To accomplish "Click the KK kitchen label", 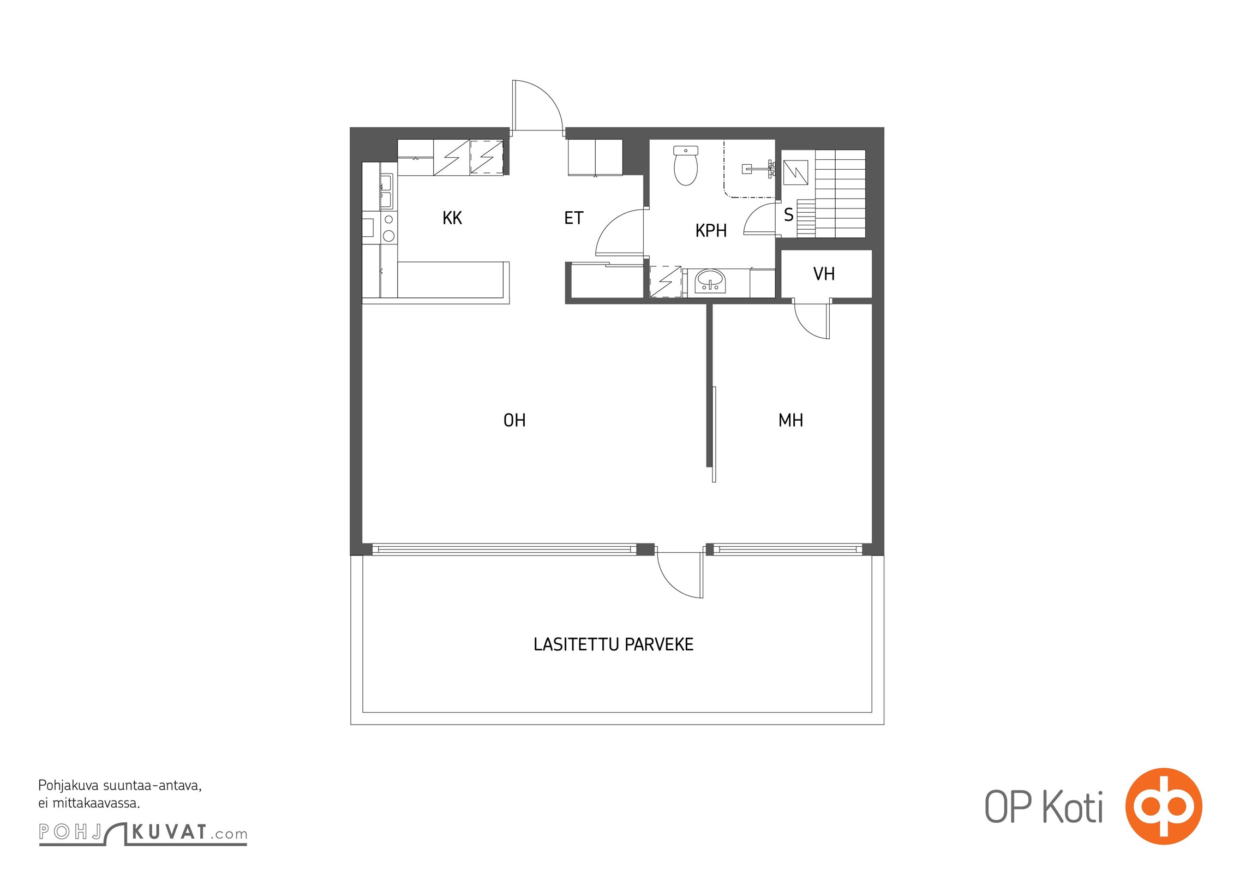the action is [452, 218].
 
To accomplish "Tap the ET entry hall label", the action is [573, 218].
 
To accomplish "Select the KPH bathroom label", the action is [711, 231].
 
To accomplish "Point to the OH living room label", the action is [514, 420].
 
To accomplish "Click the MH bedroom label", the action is [790, 420].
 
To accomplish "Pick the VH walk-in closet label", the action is [824, 274].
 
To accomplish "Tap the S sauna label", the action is [788, 215].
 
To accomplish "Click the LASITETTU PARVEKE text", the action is [613, 644].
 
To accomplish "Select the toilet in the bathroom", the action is [686, 165].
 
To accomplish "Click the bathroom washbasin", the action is [710, 282].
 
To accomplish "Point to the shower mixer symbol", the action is [759, 169].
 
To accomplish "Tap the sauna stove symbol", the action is [796, 173].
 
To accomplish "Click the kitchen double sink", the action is [386, 191].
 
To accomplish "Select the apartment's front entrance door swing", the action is [537, 105].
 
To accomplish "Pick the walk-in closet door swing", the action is [812, 319].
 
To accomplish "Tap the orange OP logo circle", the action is [1164, 806].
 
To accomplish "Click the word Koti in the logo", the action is [1073, 807].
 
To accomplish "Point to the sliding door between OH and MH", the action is [714, 434].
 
